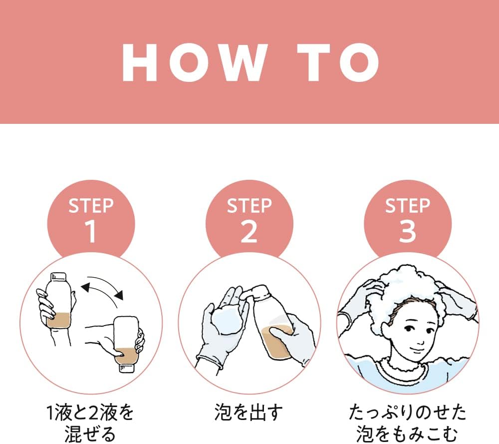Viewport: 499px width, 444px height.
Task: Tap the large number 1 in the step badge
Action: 91,232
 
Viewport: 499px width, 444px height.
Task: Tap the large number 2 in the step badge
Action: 249,232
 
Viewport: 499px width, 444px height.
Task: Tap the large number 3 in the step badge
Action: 407,232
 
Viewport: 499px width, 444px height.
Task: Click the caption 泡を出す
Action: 249,413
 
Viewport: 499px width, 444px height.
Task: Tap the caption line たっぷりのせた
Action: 407,413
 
